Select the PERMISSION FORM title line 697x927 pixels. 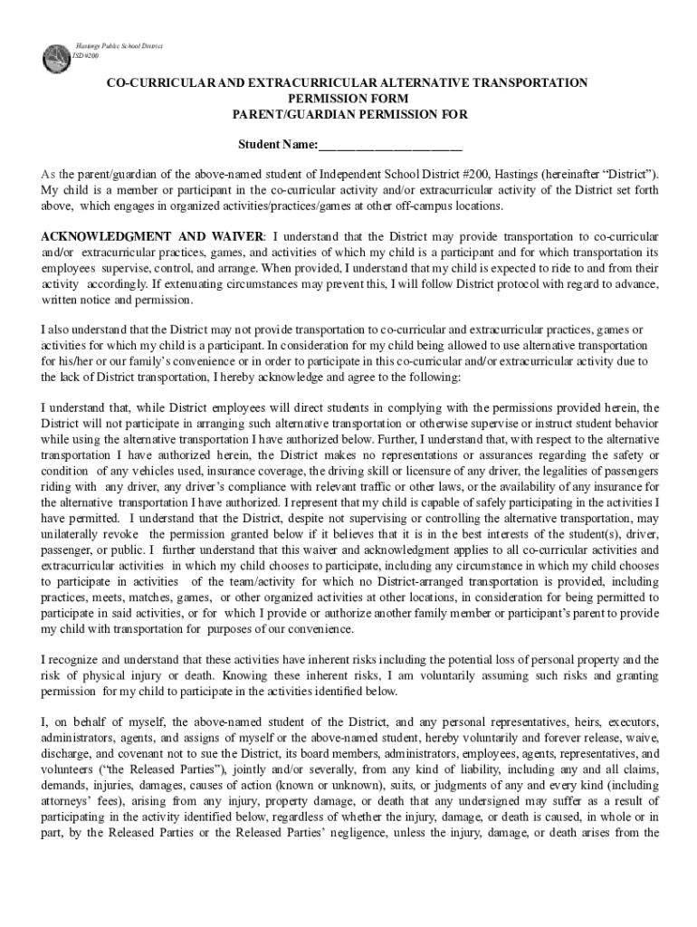348,99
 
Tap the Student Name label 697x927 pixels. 277,145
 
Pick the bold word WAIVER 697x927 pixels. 227,234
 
